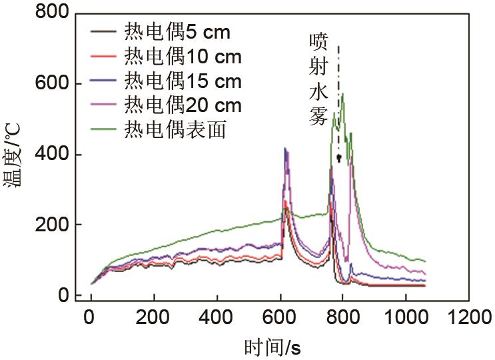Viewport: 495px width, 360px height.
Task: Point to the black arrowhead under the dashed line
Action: point(338,158)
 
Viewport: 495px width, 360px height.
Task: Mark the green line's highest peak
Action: point(342,94)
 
